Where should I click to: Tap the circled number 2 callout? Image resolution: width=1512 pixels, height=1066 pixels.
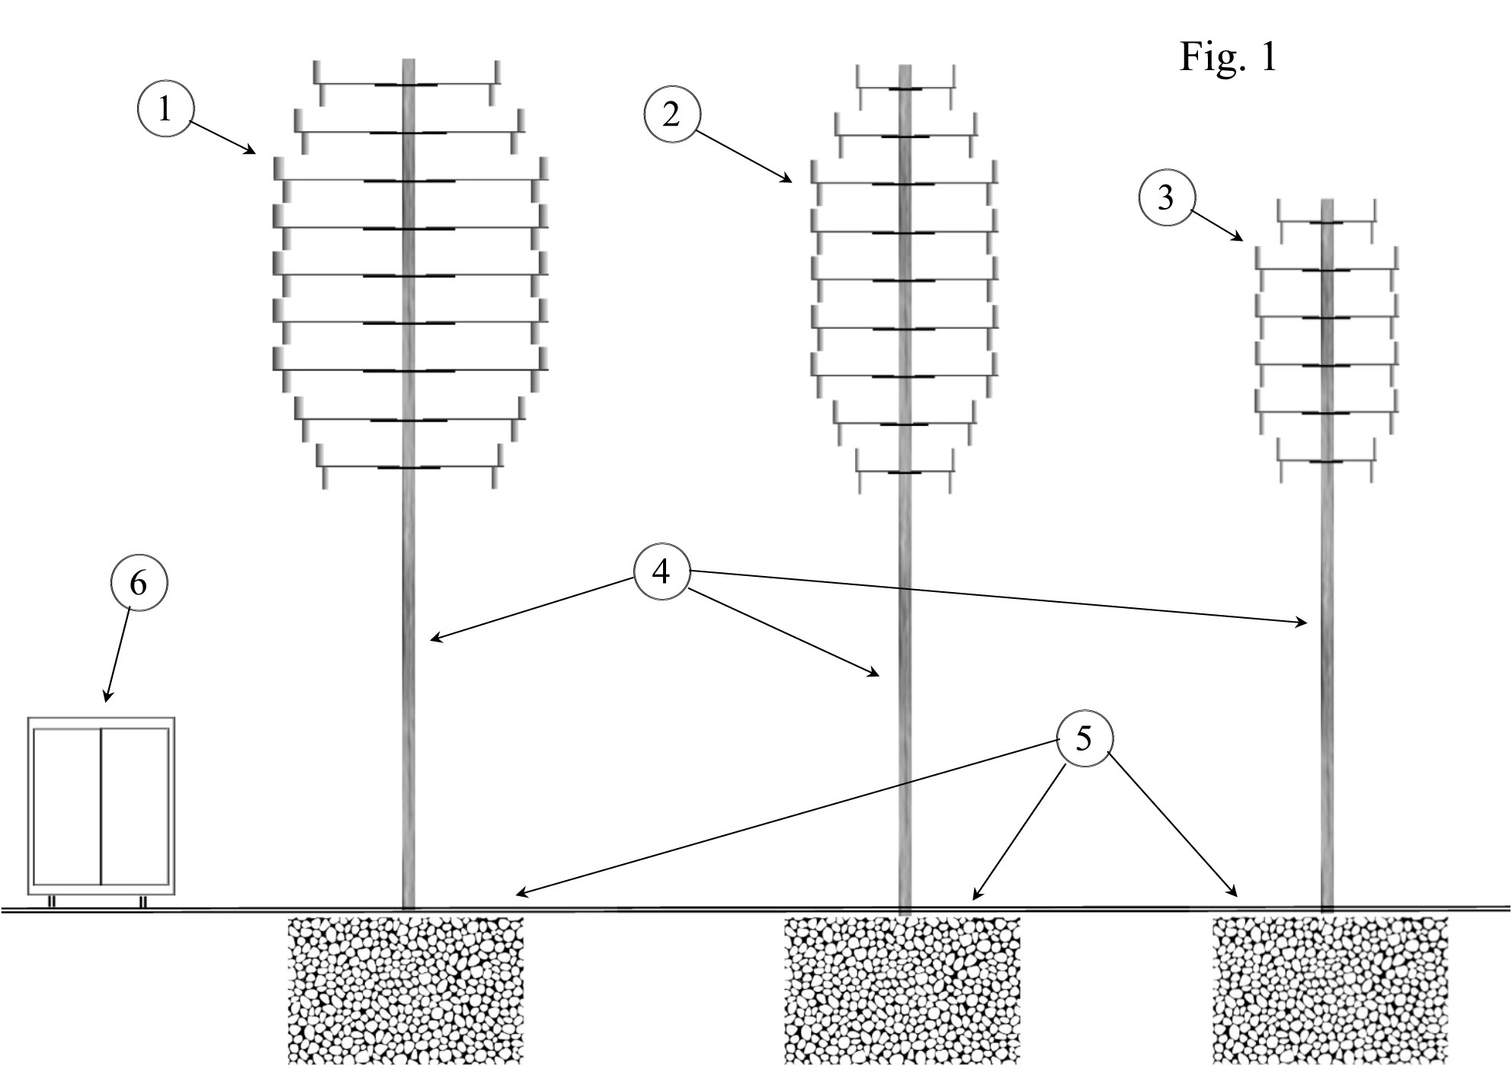click(671, 114)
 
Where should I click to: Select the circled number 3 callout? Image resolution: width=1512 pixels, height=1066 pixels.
click(1166, 198)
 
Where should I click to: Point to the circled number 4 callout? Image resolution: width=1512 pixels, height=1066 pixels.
click(661, 571)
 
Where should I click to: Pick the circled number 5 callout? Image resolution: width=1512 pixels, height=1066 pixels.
click(1084, 738)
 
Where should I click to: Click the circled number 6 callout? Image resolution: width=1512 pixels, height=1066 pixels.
click(139, 583)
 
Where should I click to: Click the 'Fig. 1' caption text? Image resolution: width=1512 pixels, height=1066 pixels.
click(1228, 56)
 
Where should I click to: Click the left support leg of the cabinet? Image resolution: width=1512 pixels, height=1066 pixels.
click(52, 901)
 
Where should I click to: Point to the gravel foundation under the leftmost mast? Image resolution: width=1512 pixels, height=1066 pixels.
click(406, 990)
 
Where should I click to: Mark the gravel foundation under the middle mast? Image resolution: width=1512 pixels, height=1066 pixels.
click(902, 990)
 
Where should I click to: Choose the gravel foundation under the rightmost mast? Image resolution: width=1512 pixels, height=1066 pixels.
click(1330, 990)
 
